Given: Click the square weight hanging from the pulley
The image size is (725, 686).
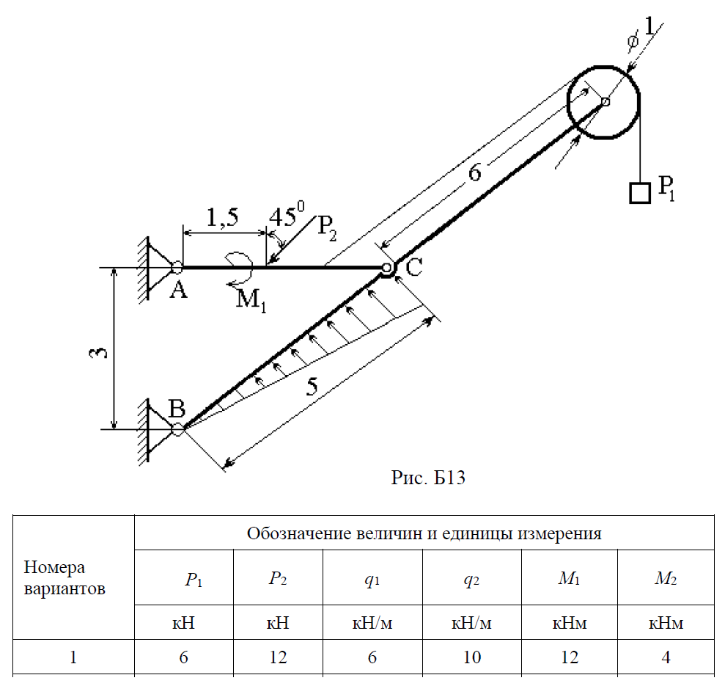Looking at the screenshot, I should tap(640, 192).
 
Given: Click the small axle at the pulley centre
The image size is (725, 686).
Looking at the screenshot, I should tap(606, 102).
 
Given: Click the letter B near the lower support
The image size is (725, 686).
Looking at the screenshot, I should tap(177, 409).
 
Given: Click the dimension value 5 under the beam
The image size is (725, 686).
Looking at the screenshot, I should tap(312, 387).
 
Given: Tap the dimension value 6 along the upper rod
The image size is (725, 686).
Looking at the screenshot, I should tap(475, 174).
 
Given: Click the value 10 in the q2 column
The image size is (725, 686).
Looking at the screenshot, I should tap(471, 657).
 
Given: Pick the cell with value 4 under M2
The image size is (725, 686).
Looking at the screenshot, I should tap(666, 657).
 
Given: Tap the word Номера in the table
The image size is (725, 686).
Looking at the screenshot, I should tap(55, 567).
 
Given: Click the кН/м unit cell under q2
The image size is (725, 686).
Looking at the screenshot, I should tap(471, 624).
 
